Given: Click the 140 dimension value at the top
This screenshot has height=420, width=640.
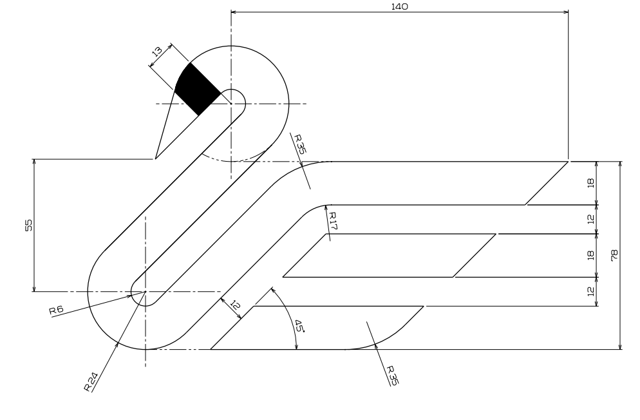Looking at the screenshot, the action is [399, 6].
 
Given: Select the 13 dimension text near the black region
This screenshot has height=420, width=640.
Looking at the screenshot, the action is [157, 52].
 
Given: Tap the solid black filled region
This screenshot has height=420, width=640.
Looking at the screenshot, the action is [198, 88].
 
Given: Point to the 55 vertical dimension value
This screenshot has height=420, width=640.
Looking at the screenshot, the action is [28, 225].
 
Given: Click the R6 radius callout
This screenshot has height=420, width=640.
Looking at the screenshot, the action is [56, 310].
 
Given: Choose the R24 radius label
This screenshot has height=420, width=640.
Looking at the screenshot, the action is [91, 381].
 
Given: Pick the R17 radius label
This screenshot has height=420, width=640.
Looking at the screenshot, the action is [333, 221].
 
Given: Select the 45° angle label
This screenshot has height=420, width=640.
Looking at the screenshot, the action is [299, 326].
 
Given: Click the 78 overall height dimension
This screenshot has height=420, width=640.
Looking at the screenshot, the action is [614, 256].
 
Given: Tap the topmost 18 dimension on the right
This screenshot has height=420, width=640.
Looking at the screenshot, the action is [590, 183].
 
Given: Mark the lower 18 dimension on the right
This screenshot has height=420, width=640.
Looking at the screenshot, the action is [590, 256].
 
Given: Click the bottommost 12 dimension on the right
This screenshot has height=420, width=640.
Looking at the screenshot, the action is [590, 291].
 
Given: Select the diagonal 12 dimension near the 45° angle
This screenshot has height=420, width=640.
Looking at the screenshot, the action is [235, 305].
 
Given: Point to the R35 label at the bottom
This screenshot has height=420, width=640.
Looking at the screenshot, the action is [392, 375].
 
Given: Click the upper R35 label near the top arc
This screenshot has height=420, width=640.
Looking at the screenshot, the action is [299, 144].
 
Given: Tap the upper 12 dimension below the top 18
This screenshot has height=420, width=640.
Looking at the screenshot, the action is [590, 219].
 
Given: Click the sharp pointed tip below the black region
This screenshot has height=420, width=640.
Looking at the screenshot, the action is [156, 158].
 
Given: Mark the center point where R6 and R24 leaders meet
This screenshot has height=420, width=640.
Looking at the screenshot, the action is [146, 291].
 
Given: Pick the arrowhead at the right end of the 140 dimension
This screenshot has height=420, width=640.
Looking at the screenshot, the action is [566, 12].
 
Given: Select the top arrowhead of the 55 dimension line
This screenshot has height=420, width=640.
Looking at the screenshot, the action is [34, 162].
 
